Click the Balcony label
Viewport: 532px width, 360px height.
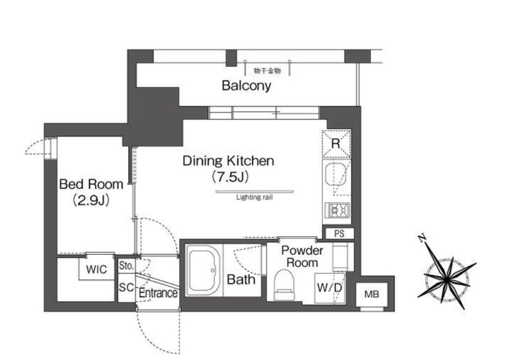tap(246, 85)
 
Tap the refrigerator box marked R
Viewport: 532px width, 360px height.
tap(336, 143)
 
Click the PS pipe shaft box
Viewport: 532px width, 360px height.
tap(339, 233)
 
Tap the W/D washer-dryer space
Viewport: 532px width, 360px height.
tap(330, 287)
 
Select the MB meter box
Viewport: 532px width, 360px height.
tap(371, 294)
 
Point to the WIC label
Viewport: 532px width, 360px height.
tap(96, 269)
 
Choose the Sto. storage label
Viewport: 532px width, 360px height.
tap(126, 266)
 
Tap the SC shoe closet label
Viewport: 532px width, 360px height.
tap(126, 287)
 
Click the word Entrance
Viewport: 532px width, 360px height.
tap(158, 293)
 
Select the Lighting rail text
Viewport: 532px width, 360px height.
tap(254, 197)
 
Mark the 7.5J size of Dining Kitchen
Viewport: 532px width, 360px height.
tap(230, 177)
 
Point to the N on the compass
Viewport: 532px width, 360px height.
tap(422, 238)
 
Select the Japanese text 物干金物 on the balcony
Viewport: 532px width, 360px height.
tap(268, 71)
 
